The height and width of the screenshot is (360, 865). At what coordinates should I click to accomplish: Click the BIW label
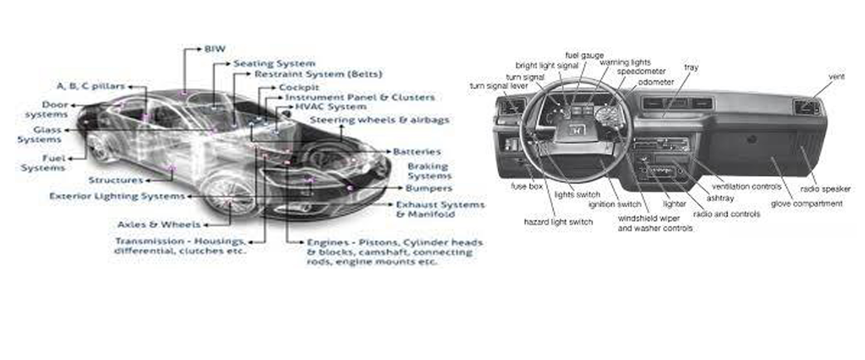214,49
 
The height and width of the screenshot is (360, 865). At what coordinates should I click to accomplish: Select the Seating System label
274,64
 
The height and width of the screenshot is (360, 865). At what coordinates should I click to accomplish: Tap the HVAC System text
331,107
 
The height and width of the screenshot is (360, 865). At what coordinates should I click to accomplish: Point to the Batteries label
417,152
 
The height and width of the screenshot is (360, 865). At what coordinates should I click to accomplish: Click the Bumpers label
428,188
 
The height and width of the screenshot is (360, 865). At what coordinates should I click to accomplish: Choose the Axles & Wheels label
159,224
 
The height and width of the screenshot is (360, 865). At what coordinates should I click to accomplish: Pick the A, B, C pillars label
91,86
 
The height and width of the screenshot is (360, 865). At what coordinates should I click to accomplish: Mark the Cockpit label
299,87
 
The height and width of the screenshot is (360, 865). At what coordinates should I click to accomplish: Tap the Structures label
116,180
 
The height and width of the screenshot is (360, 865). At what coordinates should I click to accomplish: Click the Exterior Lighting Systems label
117,196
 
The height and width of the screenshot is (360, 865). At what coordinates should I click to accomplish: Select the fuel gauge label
584,55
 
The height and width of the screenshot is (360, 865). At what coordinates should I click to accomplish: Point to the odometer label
656,82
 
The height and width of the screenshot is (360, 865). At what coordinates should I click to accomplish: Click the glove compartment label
806,204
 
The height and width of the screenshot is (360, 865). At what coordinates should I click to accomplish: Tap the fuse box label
527,186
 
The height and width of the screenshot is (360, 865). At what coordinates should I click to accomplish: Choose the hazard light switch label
558,222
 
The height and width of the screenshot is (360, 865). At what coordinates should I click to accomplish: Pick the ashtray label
720,198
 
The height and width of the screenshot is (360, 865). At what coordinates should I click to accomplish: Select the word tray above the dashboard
691,68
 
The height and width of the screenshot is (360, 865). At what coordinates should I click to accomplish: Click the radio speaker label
825,189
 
